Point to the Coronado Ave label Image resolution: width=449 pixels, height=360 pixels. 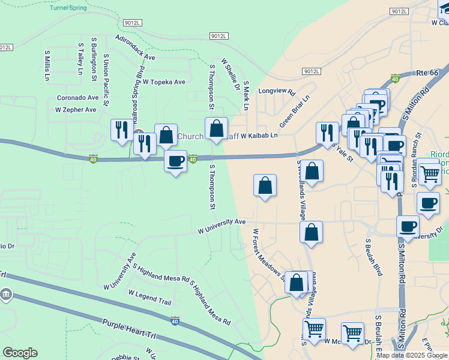[x=77, y=97]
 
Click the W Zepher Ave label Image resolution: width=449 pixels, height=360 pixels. [x=76, y=110]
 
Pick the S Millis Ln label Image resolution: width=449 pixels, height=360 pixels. [x=47, y=65]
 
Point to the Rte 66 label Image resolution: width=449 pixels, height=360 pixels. [x=429, y=73]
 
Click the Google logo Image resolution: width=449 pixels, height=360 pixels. [x=20, y=353]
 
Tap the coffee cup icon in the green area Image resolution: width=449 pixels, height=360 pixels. [x=175, y=161]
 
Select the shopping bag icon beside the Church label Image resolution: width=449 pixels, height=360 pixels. [x=166, y=135]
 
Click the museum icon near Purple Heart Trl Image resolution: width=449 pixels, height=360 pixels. [x=7, y=295]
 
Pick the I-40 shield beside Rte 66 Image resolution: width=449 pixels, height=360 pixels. [x=395, y=78]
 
